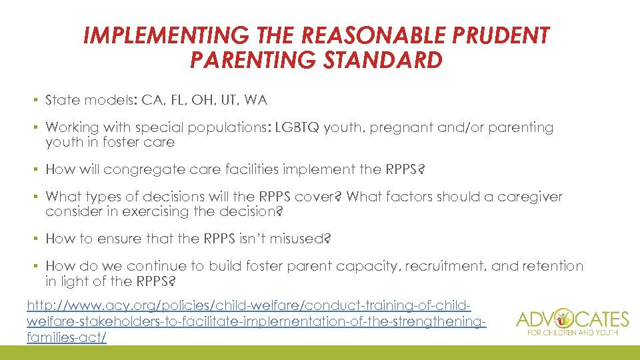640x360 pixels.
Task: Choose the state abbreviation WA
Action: (x=256, y=101)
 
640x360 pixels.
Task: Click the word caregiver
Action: (x=530, y=197)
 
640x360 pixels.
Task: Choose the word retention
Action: (x=553, y=267)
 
